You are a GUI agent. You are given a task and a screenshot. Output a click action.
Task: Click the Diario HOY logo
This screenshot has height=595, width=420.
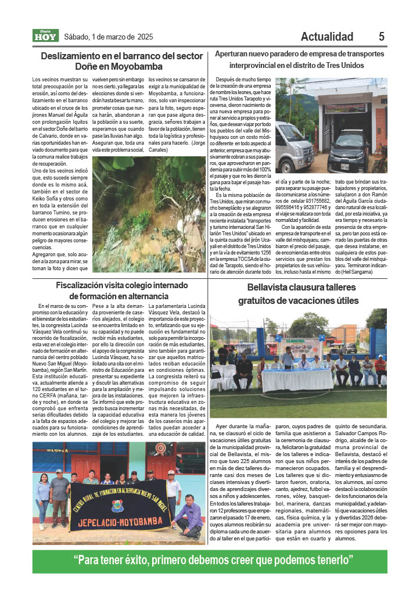[x=45, y=36]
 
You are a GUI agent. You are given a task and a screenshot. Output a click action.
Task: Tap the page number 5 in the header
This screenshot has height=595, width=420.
[x=382, y=37]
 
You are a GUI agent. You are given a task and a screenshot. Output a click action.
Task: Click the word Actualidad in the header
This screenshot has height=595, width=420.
[x=327, y=37]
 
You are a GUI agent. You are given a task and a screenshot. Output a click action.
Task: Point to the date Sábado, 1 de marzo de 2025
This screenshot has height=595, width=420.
[x=109, y=37]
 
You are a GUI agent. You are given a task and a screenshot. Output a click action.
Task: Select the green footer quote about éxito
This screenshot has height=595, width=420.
[x=214, y=561]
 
